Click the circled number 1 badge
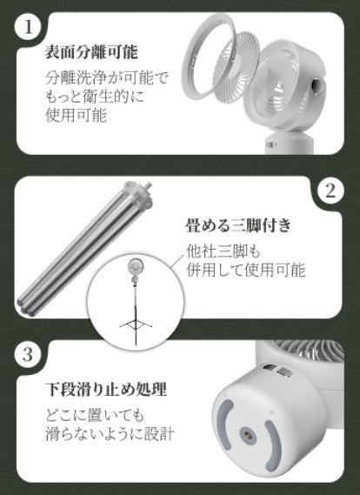[28, 27]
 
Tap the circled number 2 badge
[330, 191]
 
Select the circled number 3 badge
[28, 354]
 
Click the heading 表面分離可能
[91, 52]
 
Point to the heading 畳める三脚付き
[238, 225]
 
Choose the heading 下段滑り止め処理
[106, 389]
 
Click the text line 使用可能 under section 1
[76, 116]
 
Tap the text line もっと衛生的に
[95, 97]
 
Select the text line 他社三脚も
[223, 251]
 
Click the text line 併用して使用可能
[246, 270]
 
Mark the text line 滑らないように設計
[110, 433]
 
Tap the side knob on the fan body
[317, 85]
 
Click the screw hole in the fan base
[246, 434]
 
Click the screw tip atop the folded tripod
[148, 184]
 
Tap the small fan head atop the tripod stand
[135, 267]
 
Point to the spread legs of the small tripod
[136, 324]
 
